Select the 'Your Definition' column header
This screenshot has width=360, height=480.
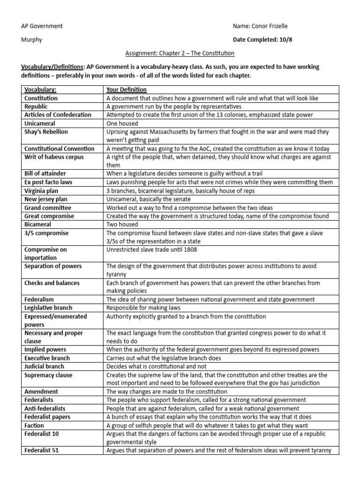click(x=127, y=90)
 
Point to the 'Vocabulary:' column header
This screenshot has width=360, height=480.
click(x=40, y=90)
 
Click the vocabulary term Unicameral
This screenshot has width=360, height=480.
click(x=41, y=123)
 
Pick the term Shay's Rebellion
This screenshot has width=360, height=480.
click(x=46, y=132)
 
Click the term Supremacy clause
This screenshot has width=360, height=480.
click(x=47, y=375)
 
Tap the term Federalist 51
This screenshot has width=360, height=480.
click(x=42, y=450)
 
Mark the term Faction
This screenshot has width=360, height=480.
click(x=34, y=426)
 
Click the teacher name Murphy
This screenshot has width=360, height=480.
click(x=32, y=40)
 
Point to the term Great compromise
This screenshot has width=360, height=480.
click(x=49, y=216)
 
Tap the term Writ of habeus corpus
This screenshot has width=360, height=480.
click(x=54, y=157)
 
